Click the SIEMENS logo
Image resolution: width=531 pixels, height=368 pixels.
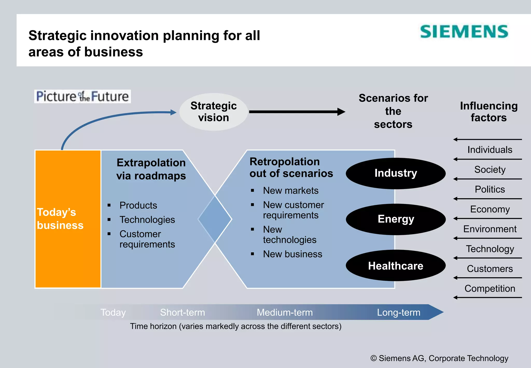tap(464, 32)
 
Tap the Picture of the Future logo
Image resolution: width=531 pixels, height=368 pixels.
tap(82, 97)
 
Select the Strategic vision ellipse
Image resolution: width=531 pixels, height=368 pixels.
tap(213, 112)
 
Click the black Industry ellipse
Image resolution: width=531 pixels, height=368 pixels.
tap(396, 173)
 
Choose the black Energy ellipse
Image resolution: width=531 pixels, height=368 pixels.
tap(396, 219)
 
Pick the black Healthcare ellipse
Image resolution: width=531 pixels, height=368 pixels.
tap(396, 266)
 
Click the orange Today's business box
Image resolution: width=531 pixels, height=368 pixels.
tap(68, 219)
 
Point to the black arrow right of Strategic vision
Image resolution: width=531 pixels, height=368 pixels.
tap(297, 112)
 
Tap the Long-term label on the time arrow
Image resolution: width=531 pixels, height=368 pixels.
tap(399, 312)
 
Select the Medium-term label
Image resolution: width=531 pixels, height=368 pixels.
tap(285, 312)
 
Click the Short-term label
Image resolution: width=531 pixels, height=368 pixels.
tap(183, 312)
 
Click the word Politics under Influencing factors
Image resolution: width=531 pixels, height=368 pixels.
tap(490, 189)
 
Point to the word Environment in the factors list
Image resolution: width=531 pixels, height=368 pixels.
tap(490, 229)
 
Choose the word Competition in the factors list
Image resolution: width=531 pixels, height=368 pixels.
tap(490, 289)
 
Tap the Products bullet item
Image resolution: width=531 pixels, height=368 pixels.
tap(138, 206)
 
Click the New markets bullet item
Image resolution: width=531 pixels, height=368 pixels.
tap(291, 191)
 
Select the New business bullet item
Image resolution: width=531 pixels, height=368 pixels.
tap(292, 254)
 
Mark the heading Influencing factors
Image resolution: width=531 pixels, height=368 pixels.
tap(489, 112)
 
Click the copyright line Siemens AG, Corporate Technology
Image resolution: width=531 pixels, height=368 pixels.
tap(439, 358)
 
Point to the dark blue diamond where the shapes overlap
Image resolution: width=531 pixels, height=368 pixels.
tap(215, 219)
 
